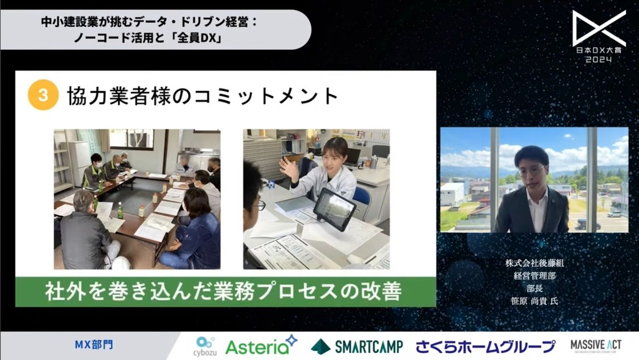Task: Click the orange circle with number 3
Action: (43, 95)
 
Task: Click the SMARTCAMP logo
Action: (357, 346)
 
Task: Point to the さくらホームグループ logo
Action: (486, 346)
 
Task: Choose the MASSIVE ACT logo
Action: (595, 345)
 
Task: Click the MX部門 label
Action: (94, 345)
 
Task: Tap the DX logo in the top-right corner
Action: (599, 29)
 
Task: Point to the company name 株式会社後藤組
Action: (532, 264)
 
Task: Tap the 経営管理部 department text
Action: (532, 276)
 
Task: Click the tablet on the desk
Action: (334, 209)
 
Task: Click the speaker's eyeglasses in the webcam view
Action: (531, 172)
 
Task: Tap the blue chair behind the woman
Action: (362, 200)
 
